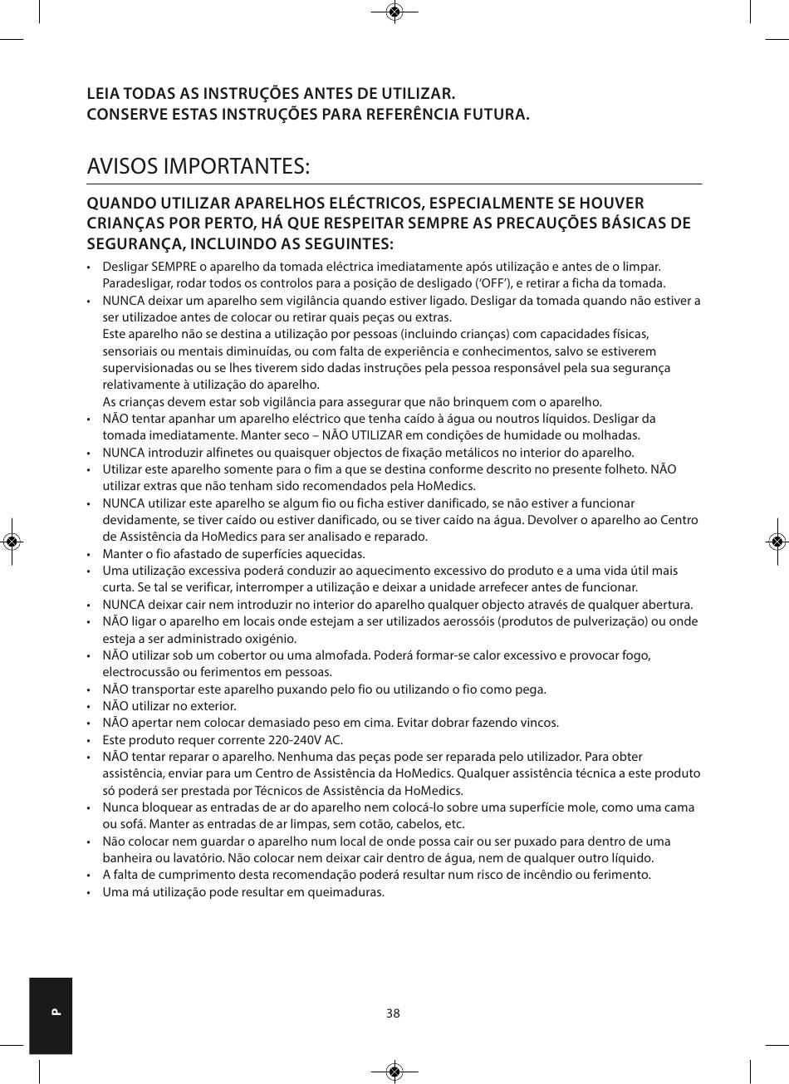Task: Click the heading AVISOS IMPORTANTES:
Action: pyautogui.click(x=198, y=166)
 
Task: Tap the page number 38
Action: pyautogui.click(x=393, y=1013)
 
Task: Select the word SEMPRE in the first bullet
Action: pyautogui.click(x=173, y=267)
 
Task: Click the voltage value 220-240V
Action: pyautogui.click(x=294, y=739)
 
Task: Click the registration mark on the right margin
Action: pyautogui.click(x=777, y=542)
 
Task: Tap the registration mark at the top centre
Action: pyautogui.click(x=394, y=12)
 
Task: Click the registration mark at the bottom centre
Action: pyautogui.click(x=394, y=1072)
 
